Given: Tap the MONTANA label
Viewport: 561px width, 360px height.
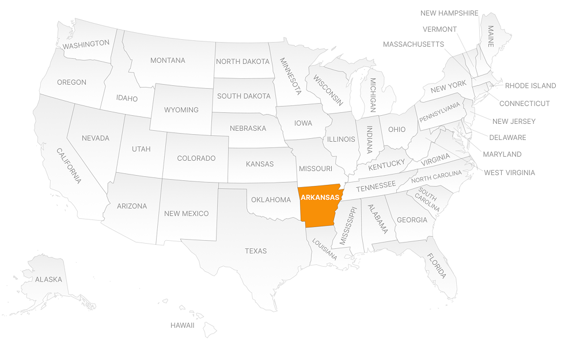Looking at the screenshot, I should (168, 60).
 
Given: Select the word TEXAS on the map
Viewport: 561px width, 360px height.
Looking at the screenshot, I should (256, 251).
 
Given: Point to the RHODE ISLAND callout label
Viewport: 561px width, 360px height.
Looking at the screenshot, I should (530, 86).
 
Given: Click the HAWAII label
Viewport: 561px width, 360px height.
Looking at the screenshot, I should (182, 325).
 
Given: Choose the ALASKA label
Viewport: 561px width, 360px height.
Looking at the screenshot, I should (48, 280).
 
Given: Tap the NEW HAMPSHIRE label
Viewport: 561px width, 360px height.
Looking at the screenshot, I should (449, 13).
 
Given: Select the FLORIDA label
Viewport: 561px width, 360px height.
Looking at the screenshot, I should (436, 266).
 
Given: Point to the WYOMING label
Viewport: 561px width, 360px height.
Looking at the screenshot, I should (181, 110).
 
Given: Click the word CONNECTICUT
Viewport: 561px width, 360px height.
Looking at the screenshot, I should (524, 104).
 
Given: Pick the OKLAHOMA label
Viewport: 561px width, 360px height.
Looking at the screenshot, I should (271, 200).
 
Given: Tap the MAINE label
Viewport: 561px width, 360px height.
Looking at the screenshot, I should (491, 36).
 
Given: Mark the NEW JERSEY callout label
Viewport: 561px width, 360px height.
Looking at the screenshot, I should (514, 122).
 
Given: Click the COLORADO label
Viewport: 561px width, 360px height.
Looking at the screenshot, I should (196, 158).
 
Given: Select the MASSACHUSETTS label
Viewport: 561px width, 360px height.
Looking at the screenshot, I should (413, 44).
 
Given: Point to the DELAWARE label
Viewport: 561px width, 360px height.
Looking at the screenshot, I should (507, 138).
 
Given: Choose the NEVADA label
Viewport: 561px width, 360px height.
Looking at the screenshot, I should (96, 138).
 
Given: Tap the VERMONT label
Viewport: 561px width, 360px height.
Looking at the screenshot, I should (439, 29).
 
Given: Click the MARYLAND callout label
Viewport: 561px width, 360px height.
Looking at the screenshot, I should (502, 154).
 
